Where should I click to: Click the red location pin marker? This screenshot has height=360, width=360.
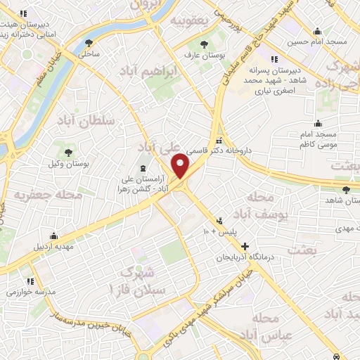coord(181,166)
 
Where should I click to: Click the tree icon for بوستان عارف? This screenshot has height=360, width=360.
coord(203,44)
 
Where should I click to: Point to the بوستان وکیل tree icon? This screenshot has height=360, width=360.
coord(69,152)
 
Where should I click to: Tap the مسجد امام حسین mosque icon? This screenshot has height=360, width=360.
coord(318,31)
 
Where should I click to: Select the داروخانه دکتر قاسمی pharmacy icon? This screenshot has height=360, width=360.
coord(219,139)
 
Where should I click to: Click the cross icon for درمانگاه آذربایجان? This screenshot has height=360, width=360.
coord(245,246)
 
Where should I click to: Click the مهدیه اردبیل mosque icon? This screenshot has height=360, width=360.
coord(53,236)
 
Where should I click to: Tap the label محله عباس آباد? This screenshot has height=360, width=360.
coord(264,328)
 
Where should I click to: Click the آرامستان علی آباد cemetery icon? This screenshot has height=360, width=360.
coord(144,168)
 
